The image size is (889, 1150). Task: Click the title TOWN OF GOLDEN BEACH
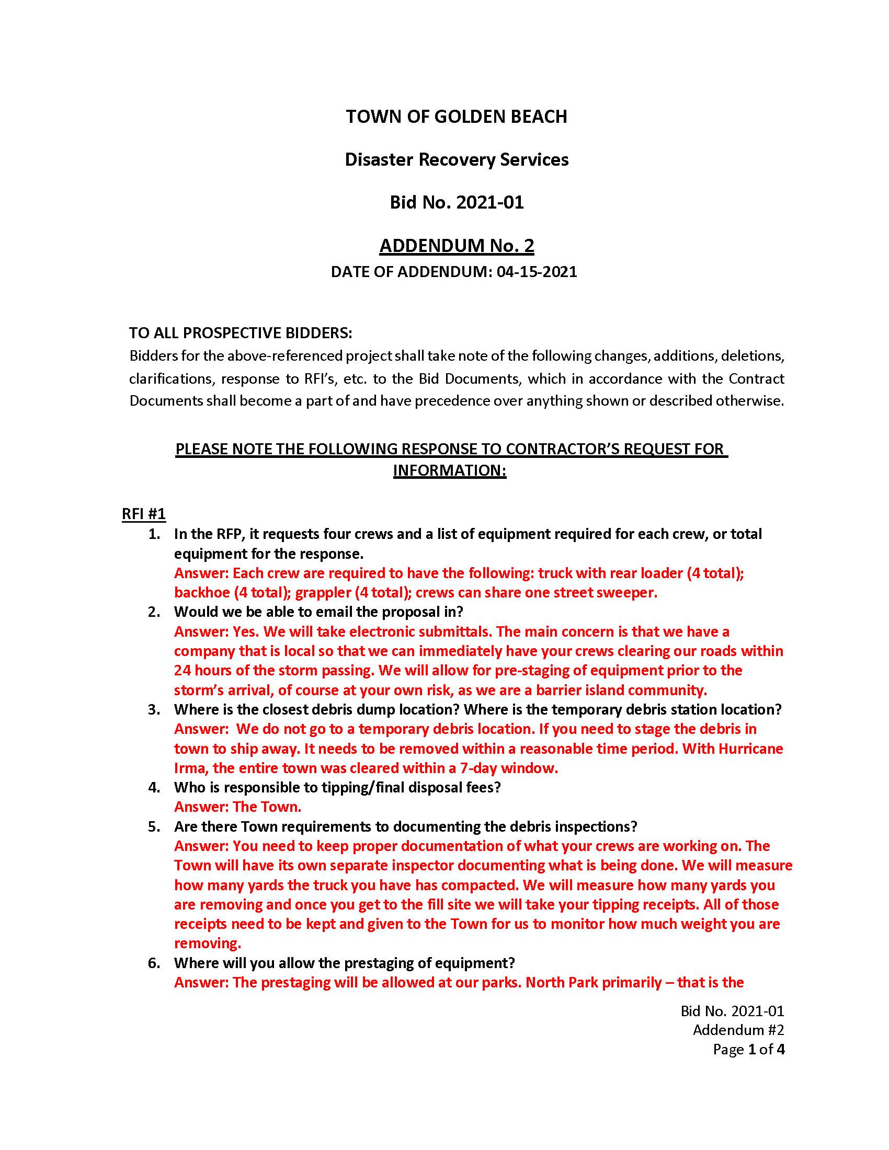tap(456, 117)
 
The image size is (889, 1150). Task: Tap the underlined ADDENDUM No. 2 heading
tap(456, 245)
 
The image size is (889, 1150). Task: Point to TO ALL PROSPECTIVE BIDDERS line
tap(241, 333)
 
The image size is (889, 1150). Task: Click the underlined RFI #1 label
tap(144, 514)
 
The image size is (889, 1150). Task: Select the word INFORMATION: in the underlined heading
tap(449, 470)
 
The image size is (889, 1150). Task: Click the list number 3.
tap(153, 709)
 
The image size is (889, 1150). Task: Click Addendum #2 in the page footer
tap(738, 1029)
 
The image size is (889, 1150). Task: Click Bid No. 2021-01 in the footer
tap(732, 1010)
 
